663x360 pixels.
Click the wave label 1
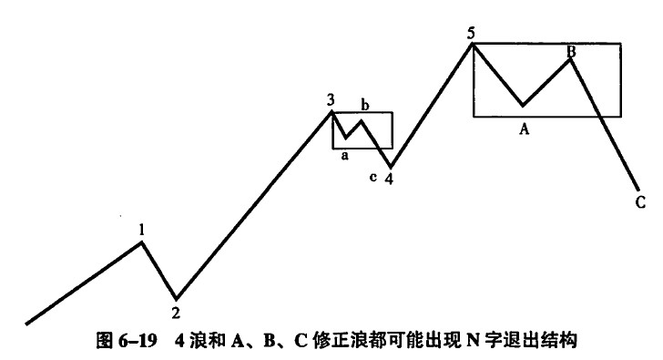click(142, 230)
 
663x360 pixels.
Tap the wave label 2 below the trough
click(176, 313)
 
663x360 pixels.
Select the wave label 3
click(331, 100)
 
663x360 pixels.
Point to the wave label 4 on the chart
click(389, 179)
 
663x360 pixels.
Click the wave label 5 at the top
click(472, 34)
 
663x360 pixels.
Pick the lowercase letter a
click(344, 156)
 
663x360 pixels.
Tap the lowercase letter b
click(364, 104)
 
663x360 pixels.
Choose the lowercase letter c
click(372, 177)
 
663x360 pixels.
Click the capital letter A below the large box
click(525, 129)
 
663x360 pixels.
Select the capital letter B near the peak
click(571, 52)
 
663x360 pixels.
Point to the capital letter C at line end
click(640, 202)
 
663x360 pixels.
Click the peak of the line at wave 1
click(142, 242)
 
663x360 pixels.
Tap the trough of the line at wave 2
click(177, 299)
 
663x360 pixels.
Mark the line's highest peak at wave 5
click(473, 44)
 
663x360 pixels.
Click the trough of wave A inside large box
click(523, 105)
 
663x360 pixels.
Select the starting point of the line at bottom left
click(26, 324)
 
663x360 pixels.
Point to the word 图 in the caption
click(105, 341)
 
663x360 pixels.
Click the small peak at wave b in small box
click(361, 121)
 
